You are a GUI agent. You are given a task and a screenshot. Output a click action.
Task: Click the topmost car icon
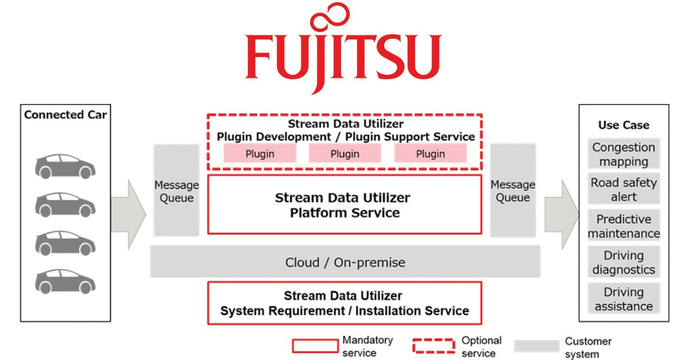point(65,165)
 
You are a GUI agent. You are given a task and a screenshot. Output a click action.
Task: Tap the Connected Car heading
point(66,115)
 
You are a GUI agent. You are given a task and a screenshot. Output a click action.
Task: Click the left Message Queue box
point(177,191)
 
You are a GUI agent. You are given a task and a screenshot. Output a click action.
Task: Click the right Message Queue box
point(513,191)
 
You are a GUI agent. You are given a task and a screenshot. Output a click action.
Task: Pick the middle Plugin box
point(345,154)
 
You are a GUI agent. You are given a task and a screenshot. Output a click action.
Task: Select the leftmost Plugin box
point(260,154)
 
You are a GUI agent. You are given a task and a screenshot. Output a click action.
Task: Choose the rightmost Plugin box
point(430,154)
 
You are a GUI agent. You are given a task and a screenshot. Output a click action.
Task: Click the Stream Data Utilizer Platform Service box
point(344,205)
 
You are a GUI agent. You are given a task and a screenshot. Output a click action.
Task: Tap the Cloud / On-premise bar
point(345,263)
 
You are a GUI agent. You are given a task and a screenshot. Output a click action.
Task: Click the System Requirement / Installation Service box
point(344,303)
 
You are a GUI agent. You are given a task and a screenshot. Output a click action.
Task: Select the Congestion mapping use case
point(624,154)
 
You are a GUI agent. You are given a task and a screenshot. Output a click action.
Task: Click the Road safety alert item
point(624,190)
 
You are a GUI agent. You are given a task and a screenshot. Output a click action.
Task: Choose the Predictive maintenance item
point(624,226)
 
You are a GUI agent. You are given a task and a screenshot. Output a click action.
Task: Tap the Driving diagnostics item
point(624,262)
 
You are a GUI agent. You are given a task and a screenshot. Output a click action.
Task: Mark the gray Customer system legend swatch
point(536,346)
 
